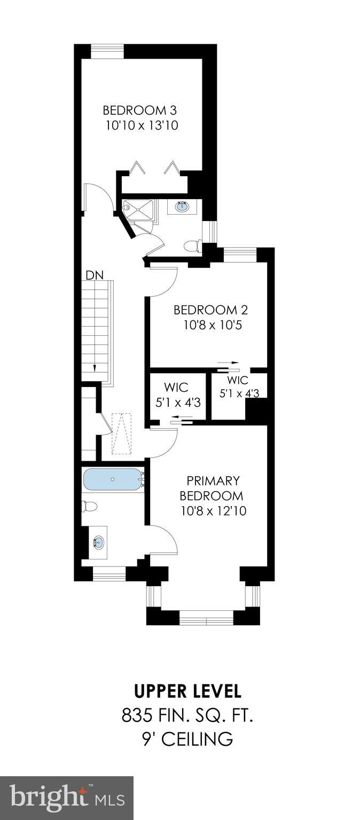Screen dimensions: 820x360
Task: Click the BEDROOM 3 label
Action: pyautogui.click(x=139, y=111)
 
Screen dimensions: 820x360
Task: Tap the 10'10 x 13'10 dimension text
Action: pyautogui.click(x=142, y=126)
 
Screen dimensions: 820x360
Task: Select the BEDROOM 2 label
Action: pyautogui.click(x=210, y=310)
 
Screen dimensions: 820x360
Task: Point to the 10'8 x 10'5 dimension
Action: pyautogui.click(x=212, y=325)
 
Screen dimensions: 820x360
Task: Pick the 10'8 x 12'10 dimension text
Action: pyautogui.click(x=213, y=511)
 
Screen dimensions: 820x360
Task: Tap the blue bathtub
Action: pyautogui.click(x=112, y=479)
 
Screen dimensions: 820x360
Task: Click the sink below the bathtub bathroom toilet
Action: pyautogui.click(x=99, y=543)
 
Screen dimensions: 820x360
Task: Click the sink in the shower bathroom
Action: pyautogui.click(x=182, y=206)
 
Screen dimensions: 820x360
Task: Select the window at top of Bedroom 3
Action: pyautogui.click(x=107, y=51)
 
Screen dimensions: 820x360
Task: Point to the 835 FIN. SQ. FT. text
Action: pyautogui.click(x=187, y=715)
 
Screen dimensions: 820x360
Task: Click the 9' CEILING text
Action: pyautogui.click(x=187, y=739)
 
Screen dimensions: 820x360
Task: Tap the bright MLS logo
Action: pyautogui.click(x=66, y=798)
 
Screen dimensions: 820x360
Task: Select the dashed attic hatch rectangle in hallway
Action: pyautogui.click(x=122, y=433)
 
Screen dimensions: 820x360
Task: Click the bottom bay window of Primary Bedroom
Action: pyautogui.click(x=206, y=620)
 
